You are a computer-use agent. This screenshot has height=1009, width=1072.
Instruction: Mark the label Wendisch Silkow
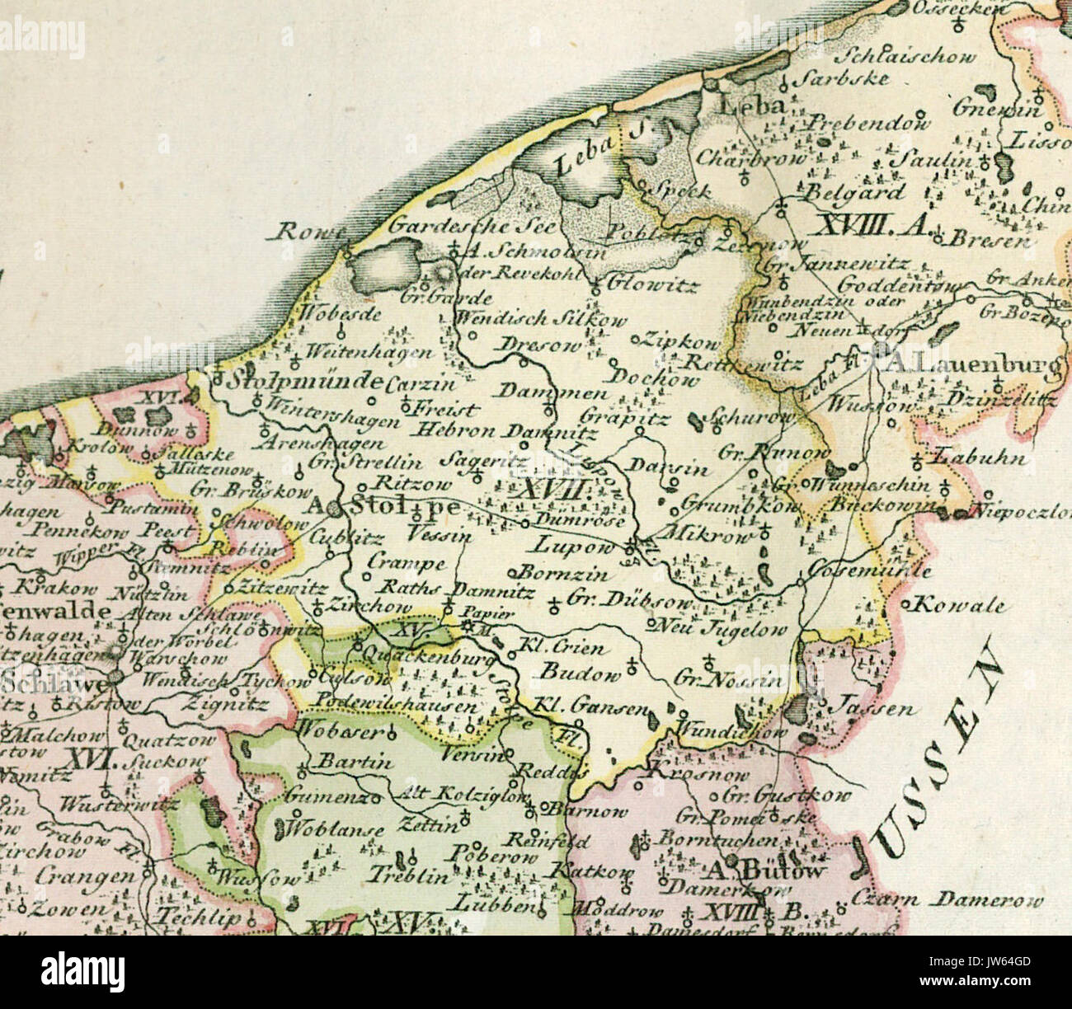541,320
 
